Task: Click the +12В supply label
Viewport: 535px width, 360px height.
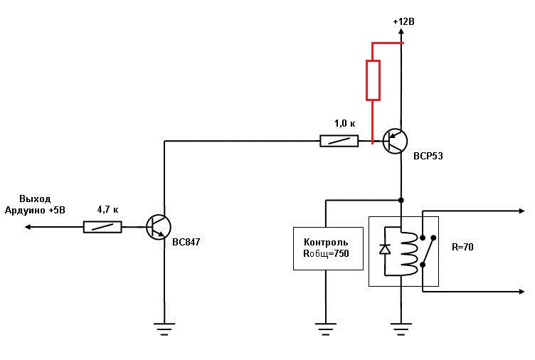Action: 403,23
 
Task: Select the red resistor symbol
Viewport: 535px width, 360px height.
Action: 373,80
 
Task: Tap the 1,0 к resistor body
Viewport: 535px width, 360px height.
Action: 339,141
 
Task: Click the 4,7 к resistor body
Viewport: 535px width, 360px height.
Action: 102,227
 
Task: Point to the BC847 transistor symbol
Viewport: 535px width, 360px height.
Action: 158,227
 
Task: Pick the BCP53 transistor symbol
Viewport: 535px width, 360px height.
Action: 393,141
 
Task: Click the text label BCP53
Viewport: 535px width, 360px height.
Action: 428,156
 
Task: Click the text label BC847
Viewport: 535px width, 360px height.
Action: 186,242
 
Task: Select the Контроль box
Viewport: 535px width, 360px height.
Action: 325,248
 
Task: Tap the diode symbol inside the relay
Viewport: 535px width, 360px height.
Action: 385,249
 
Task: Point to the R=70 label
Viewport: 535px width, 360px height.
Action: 462,248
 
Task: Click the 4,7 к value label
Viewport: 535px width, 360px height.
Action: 108,211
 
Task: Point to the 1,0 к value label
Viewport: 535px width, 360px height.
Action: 345,123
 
